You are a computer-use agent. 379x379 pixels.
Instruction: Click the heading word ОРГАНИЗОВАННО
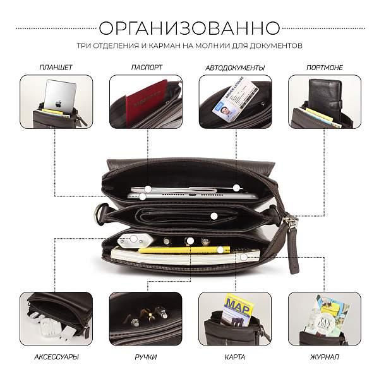(x=189, y=28)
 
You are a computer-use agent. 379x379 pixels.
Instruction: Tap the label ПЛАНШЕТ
(x=56, y=67)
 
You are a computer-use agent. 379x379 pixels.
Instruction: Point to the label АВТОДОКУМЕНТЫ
(x=235, y=67)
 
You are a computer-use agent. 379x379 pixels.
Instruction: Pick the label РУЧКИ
(x=146, y=357)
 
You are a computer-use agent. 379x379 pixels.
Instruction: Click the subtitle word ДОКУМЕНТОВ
(x=276, y=46)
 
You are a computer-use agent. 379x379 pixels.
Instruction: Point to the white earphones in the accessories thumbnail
(x=47, y=328)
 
